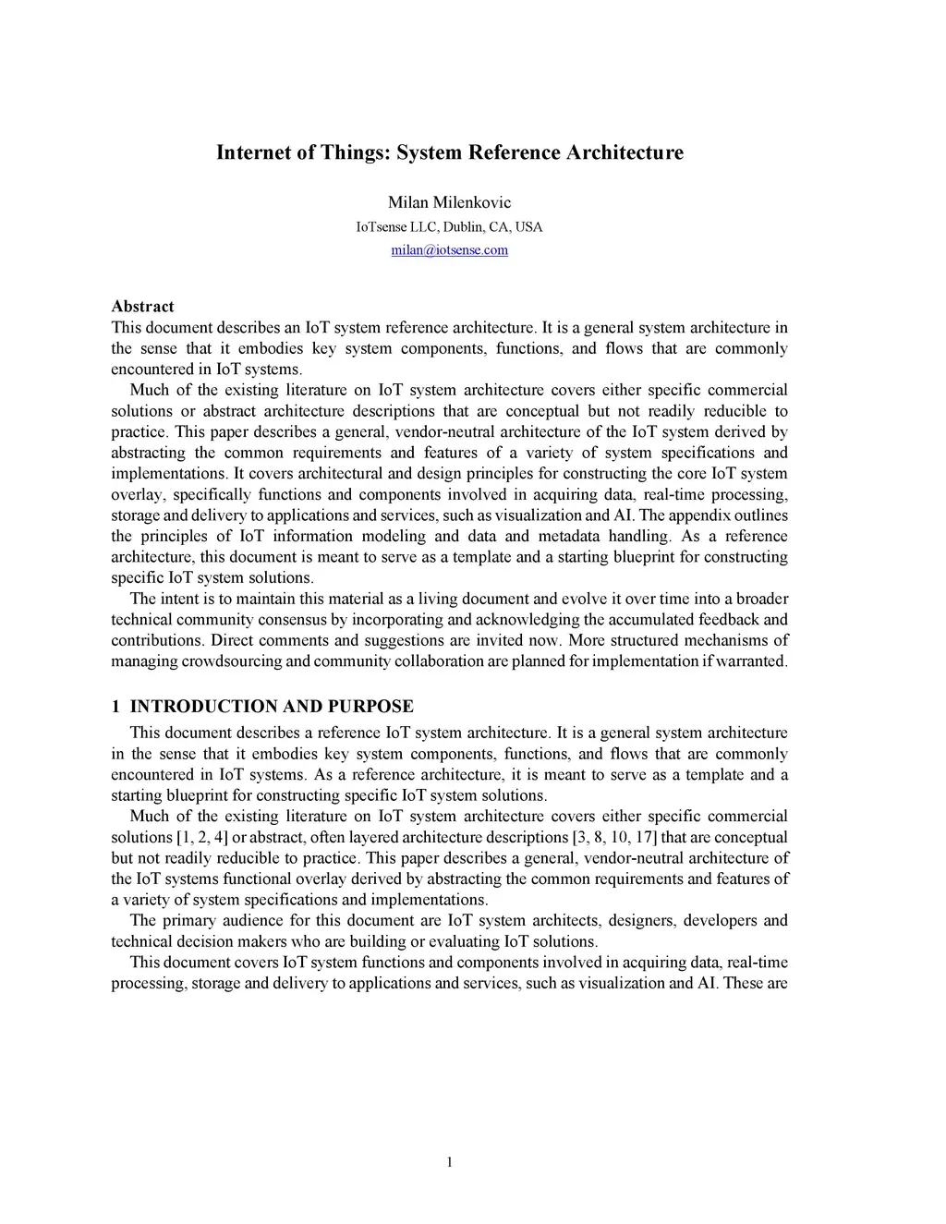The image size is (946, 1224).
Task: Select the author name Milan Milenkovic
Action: [449, 202]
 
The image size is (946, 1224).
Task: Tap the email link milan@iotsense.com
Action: [449, 250]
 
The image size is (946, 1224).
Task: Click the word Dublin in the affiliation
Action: [463, 227]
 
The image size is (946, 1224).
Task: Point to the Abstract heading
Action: [142, 307]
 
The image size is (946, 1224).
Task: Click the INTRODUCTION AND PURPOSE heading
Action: [272, 707]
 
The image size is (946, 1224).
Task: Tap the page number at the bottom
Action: [449, 1162]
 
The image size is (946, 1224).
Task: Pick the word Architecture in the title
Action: [625, 152]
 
